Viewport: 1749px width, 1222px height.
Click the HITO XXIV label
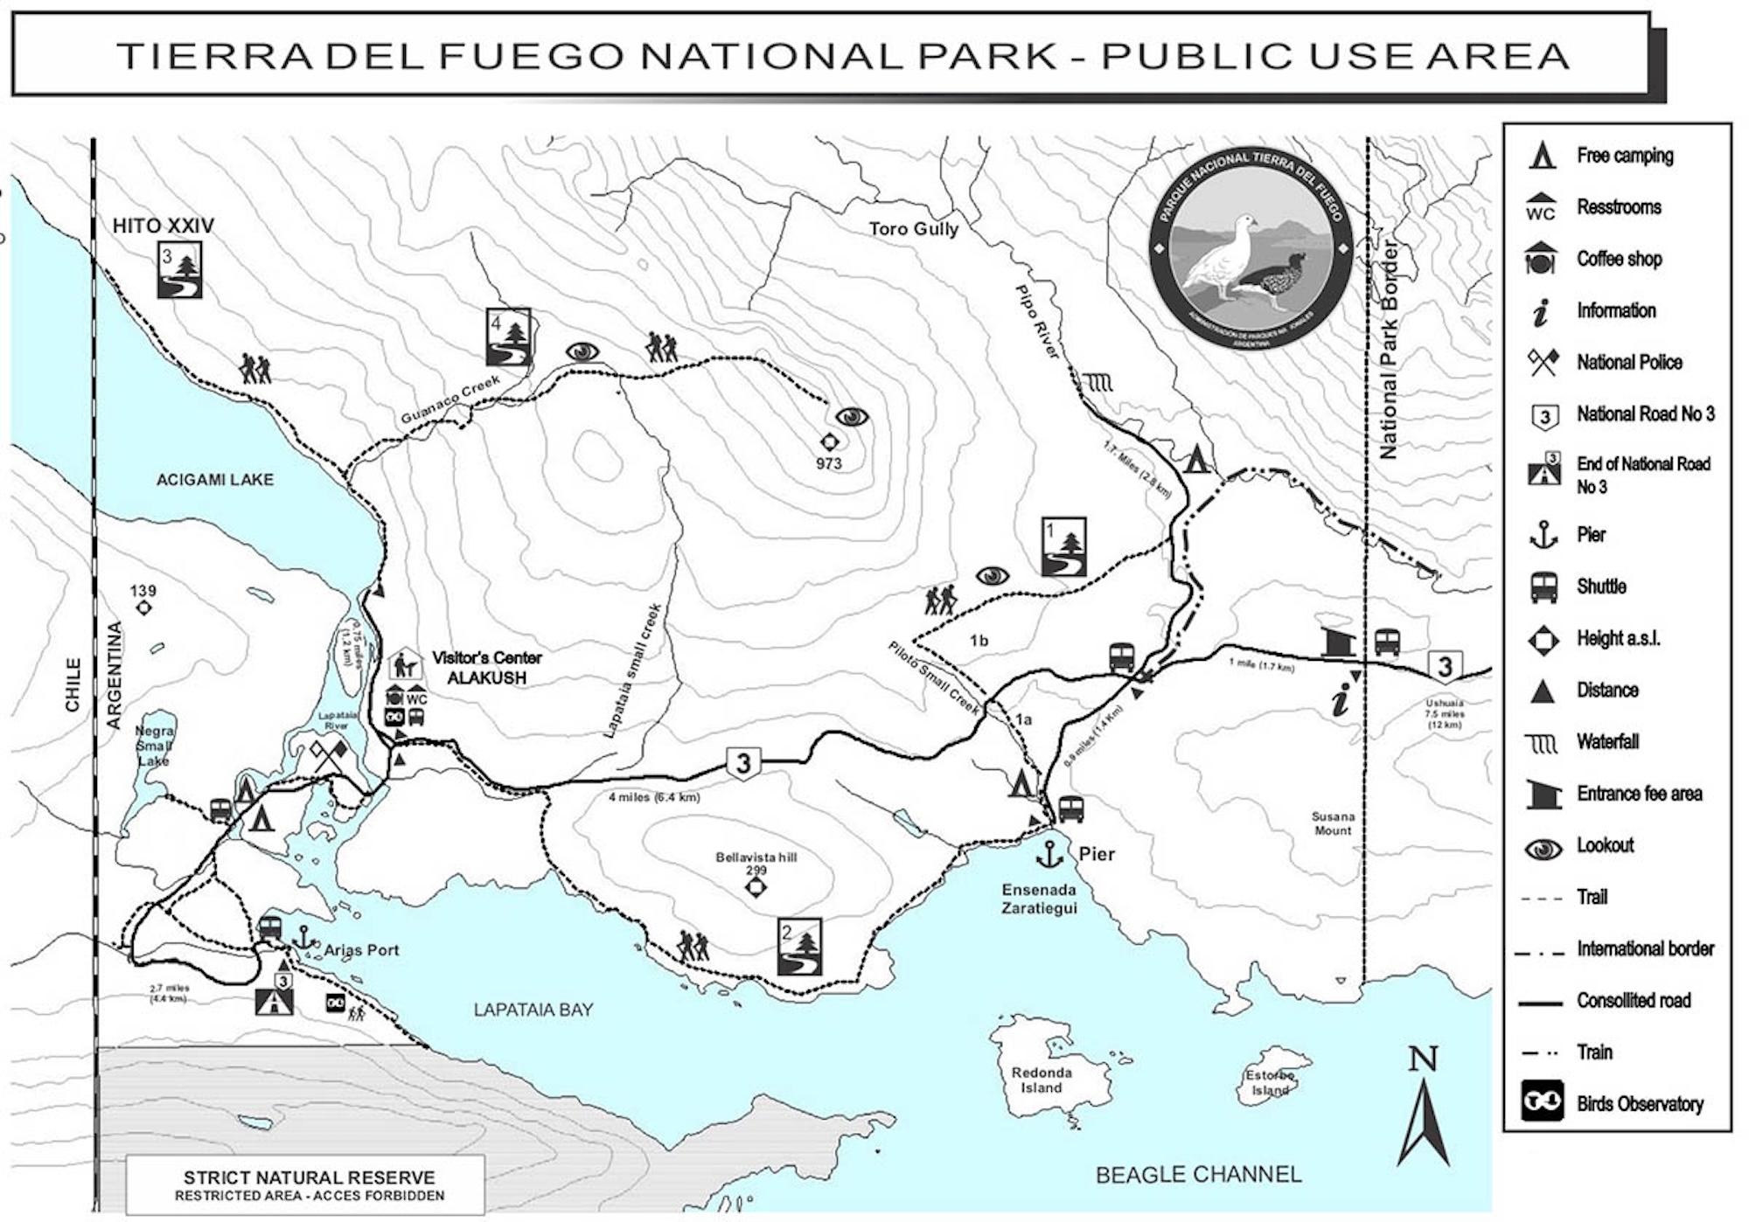pos(163,226)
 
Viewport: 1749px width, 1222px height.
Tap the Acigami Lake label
pos(214,479)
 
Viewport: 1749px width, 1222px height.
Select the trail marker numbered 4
pos(508,337)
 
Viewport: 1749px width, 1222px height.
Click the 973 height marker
pos(828,442)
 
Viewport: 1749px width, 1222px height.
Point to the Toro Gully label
pos(913,229)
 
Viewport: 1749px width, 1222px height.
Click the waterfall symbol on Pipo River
pos(1097,382)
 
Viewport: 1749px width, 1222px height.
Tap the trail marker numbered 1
pos(1063,546)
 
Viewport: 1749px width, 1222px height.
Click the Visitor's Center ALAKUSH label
pos(486,668)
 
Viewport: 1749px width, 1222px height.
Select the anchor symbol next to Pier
pos(1049,854)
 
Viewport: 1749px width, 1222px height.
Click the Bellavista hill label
pos(756,857)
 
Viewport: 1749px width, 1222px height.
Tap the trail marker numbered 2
pos(799,947)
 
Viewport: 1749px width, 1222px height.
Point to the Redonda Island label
pos(1041,1080)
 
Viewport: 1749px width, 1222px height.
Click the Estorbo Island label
pos(1270,1083)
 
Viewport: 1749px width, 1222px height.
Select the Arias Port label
pos(360,950)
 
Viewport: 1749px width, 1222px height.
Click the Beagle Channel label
pos(1197,1174)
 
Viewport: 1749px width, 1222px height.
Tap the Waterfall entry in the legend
pos(1607,742)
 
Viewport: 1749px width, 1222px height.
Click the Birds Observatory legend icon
pos(1543,1102)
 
